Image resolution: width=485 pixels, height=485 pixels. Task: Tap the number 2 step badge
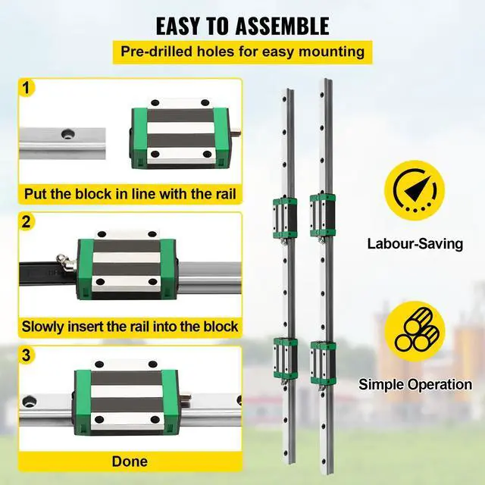(x=27, y=222)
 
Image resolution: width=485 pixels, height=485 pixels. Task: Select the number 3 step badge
(x=27, y=354)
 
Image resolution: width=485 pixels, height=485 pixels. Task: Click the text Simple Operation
(x=415, y=384)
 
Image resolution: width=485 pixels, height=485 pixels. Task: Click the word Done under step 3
(x=129, y=461)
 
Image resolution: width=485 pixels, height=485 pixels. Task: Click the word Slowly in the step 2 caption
(x=47, y=327)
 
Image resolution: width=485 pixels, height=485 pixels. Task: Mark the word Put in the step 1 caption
(x=38, y=194)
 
